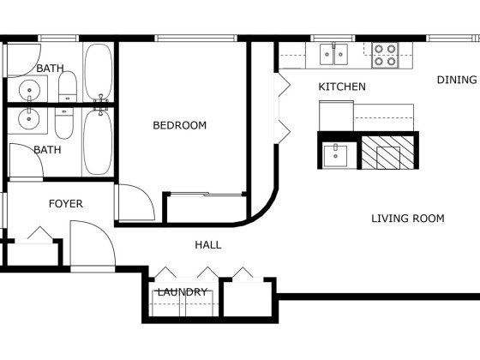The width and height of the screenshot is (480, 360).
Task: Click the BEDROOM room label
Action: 180,125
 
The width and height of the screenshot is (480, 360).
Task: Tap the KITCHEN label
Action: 342,87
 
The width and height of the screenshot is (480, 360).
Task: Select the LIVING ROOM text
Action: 408,219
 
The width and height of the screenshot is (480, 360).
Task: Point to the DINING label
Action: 457,80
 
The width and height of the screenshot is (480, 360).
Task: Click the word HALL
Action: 208,245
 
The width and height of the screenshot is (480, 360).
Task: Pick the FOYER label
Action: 66,204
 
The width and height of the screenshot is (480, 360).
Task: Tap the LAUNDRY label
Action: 183,291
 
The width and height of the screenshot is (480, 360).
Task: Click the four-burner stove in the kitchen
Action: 385,55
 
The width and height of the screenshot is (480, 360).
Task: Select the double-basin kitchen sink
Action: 333,54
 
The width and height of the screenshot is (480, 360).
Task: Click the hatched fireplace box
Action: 387,153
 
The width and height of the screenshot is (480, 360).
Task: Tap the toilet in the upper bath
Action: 68,87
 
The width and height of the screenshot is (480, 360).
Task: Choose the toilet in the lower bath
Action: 64,123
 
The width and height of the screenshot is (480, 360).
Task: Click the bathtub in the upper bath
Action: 99,72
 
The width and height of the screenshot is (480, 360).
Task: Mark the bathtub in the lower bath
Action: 98,142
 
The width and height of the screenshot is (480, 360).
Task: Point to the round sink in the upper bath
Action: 29,90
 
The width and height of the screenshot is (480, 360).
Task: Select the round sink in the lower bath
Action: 29,119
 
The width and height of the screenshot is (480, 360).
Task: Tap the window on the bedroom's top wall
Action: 195,39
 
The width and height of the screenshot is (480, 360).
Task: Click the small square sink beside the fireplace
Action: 335,156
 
